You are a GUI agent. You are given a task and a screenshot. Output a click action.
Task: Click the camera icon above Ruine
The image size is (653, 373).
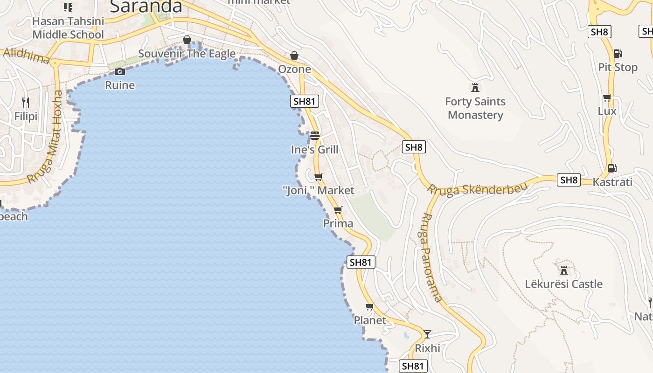click(120, 71)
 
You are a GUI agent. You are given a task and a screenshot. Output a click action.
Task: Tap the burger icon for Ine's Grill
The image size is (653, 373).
click(315, 136)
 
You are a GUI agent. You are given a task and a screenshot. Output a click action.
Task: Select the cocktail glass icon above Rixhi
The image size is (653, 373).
click(427, 334)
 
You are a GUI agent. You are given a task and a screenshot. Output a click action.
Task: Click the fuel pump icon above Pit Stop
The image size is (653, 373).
click(618, 54)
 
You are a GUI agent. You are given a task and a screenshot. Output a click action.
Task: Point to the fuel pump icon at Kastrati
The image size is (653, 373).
click(611, 168)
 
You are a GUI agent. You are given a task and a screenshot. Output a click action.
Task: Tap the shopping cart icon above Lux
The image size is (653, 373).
click(607, 97)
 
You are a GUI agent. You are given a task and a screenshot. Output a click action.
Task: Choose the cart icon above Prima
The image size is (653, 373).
click(338, 210)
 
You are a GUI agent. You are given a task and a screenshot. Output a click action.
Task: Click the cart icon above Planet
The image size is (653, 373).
click(370, 306)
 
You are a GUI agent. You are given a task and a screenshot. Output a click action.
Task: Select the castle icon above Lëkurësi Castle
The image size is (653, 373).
click(564, 270)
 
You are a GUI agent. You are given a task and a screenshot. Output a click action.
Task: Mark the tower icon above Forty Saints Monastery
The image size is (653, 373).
click(475, 87)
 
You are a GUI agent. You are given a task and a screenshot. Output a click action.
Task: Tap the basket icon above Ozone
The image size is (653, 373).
click(294, 55)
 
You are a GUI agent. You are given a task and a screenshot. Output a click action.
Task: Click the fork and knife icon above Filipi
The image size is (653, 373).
click(26, 102)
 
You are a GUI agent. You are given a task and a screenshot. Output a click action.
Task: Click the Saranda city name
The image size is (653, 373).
click(146, 7)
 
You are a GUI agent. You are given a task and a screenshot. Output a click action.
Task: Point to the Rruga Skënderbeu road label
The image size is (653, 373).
click(478, 188)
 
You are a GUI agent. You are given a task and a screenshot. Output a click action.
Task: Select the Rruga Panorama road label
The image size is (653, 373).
click(431, 257)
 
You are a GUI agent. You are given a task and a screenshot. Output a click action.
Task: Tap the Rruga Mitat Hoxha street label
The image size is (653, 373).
click(46, 137)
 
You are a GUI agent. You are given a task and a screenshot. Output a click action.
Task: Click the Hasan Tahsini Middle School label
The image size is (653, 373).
click(68, 28)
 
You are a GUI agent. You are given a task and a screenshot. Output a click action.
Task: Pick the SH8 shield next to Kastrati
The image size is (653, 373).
click(569, 180)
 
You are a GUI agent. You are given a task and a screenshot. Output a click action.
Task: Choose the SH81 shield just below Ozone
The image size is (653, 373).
click(305, 101)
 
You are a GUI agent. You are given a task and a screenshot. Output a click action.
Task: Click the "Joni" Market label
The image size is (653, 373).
click(319, 190)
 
